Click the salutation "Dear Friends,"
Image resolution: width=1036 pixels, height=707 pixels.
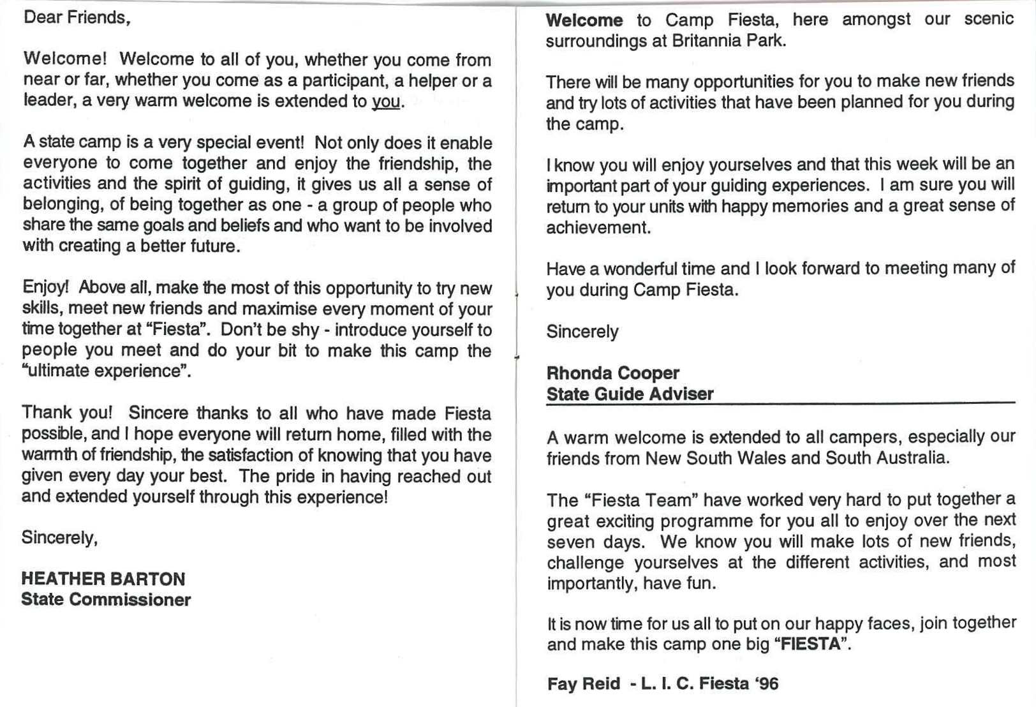coord(77,17)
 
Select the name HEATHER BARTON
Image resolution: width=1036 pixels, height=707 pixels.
coord(103,579)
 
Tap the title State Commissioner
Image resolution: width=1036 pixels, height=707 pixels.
coord(105,600)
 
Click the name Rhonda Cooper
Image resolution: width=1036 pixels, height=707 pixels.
coord(612,373)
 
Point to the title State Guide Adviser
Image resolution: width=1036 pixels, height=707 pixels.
coord(630,394)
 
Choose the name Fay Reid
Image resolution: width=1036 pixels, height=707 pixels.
coord(583,684)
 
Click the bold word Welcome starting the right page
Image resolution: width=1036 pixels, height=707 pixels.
coord(584,20)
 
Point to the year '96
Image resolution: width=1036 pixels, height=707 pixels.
coord(766,684)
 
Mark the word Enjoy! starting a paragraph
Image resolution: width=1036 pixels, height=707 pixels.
coord(45,287)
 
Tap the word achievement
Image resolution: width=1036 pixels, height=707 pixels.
coord(597,228)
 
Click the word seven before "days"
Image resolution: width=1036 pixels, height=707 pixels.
coord(569,542)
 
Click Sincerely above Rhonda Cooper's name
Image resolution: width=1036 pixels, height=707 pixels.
coord(582,332)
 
